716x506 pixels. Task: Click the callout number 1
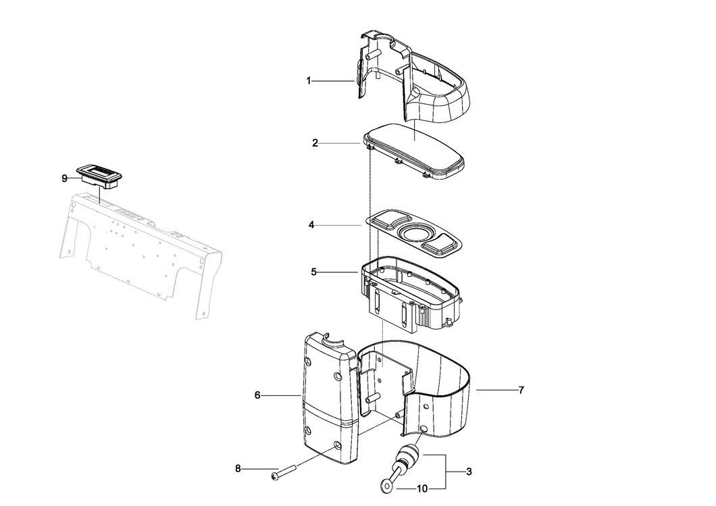(309, 81)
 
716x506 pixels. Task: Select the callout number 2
(315, 143)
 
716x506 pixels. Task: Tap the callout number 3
(469, 472)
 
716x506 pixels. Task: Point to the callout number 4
(311, 225)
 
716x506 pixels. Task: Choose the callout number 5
(313, 272)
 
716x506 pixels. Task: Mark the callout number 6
(257, 395)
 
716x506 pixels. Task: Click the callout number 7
(521, 390)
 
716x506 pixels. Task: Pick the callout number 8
(238, 469)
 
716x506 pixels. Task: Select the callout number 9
(64, 178)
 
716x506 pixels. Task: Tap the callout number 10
(422, 488)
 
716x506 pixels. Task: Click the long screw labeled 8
(284, 472)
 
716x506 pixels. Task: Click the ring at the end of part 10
(386, 486)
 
